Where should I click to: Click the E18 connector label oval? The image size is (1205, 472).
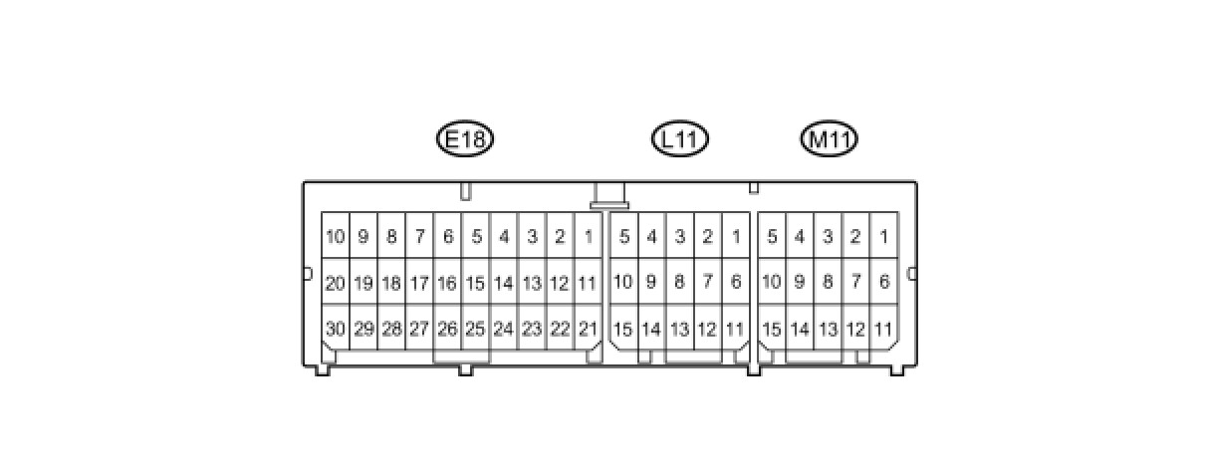465,139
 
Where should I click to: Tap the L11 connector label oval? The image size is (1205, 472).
679,139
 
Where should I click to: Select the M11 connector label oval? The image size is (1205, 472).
830,139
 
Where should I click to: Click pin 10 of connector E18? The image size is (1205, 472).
335,237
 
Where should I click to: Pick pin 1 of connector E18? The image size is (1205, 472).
589,237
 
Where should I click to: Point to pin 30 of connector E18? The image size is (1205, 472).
335,329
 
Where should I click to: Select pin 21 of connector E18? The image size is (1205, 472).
589,329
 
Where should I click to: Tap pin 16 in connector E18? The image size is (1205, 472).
447,283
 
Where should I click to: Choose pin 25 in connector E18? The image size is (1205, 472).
475,329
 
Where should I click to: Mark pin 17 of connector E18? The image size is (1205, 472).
419,283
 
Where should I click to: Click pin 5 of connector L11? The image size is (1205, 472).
623,237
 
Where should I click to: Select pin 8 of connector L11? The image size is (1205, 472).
679,283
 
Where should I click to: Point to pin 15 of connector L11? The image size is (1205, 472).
623,329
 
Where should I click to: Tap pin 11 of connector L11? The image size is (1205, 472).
735,329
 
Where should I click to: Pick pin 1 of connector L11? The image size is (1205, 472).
735,237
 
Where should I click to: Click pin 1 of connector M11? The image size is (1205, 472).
883,237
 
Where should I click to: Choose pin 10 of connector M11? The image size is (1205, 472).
772,283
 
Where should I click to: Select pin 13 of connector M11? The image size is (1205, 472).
828,329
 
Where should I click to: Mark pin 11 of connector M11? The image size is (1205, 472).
883,329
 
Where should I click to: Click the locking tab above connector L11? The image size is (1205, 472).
609,196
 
